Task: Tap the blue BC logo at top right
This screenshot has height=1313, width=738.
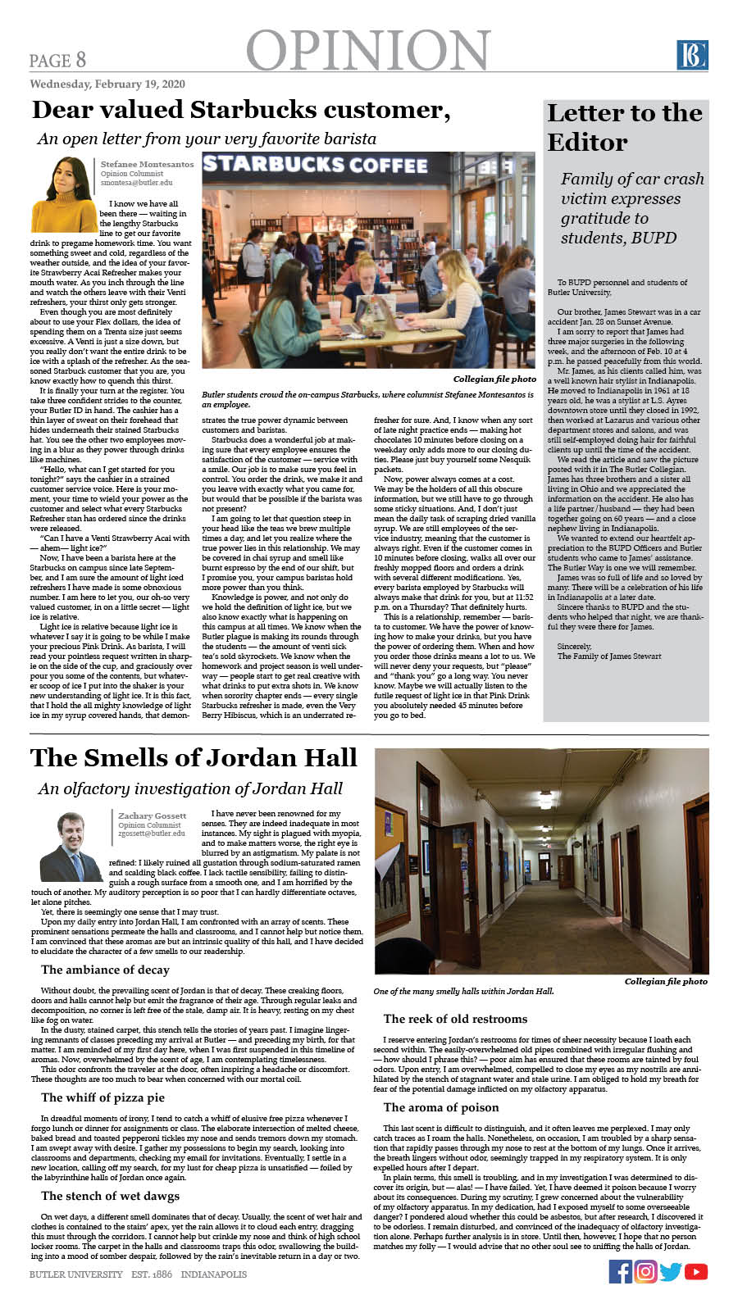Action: [x=691, y=55]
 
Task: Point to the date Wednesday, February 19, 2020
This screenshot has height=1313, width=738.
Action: [x=107, y=84]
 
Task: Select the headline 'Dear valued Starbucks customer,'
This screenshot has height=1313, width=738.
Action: [x=241, y=110]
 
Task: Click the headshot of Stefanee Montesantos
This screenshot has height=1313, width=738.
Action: [x=63, y=194]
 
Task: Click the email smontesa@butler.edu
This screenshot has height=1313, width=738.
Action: [x=136, y=183]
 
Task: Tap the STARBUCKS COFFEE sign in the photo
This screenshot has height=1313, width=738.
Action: [x=316, y=165]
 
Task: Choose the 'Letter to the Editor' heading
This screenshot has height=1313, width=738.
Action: [x=624, y=127]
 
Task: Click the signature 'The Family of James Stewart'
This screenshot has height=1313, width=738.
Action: [x=609, y=656]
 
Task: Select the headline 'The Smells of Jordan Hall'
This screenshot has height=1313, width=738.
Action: [x=194, y=757]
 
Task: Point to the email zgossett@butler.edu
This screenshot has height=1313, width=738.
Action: [x=152, y=834]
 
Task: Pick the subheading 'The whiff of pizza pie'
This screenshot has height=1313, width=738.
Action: [x=102, y=1097]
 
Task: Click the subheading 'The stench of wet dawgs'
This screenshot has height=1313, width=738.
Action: [x=110, y=1196]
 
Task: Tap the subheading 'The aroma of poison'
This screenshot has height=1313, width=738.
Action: [x=440, y=1107]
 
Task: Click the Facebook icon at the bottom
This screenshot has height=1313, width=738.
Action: [x=621, y=1271]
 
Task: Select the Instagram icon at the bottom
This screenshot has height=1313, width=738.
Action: [x=645, y=1271]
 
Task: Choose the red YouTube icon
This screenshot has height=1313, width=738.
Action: [x=696, y=1272]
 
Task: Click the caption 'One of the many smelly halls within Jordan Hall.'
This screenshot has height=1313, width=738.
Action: [x=463, y=991]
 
